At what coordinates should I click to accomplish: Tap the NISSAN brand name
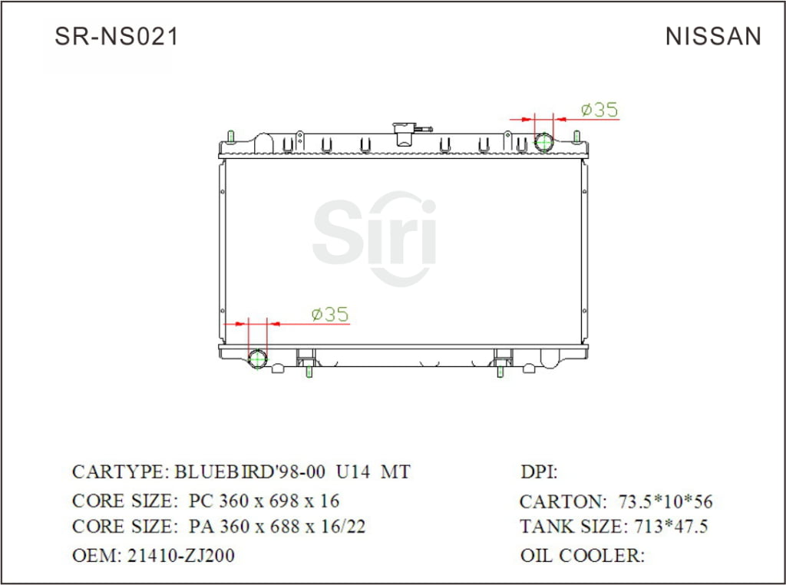click(713, 37)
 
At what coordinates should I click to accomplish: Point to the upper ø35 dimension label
click(599, 110)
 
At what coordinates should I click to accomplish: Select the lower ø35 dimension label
click(329, 314)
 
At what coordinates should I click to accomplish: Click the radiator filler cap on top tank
click(404, 132)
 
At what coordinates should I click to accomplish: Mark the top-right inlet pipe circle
click(543, 142)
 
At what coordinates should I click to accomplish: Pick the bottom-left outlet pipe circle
click(258, 359)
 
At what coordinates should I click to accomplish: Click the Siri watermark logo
click(375, 233)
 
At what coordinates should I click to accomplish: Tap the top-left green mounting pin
click(230, 137)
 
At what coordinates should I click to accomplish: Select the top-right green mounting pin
click(576, 137)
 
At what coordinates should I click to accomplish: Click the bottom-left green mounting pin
click(309, 372)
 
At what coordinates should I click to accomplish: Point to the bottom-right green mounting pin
click(500, 372)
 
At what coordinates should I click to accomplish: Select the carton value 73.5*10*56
click(665, 502)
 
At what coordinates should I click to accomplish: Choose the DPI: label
click(539, 472)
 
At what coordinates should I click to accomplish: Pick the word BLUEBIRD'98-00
click(250, 471)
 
